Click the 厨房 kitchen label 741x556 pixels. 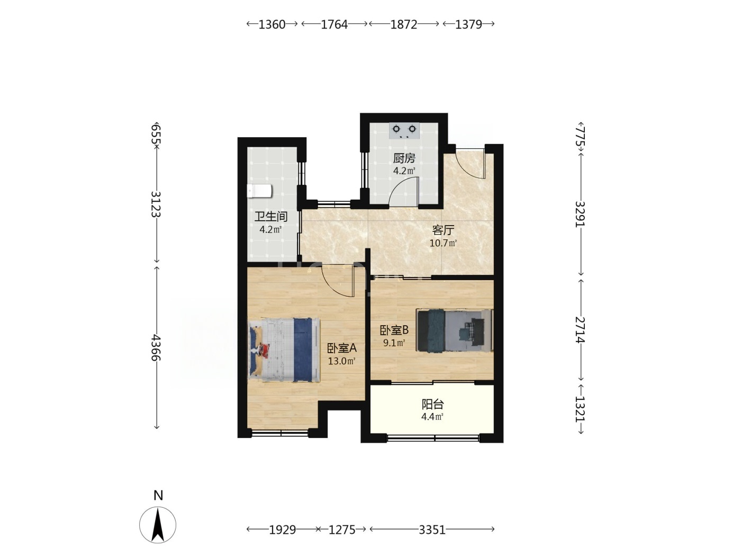404,158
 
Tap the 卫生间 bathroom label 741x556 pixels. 271,217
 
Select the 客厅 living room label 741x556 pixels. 443,230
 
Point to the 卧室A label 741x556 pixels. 341,348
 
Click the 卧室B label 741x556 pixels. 394,330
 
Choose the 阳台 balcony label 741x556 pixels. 432,404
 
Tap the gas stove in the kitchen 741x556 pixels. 404,131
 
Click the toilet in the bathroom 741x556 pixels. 259,191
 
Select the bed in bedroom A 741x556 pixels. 284,349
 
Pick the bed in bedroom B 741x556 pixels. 455,330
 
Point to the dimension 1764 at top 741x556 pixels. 334,24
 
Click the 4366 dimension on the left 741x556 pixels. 155,347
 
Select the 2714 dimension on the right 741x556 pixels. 580,330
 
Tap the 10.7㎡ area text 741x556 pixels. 443,243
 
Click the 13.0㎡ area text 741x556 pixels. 341,361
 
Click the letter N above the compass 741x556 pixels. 158,495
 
